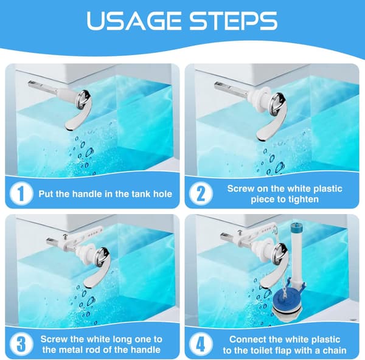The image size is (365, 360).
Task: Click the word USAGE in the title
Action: coord(134,21)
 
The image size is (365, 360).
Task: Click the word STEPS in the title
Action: coord(234,21)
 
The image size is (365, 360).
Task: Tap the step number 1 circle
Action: coord(21,193)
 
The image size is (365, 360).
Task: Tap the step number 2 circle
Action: coord(201,193)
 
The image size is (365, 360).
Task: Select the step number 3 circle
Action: coord(21,344)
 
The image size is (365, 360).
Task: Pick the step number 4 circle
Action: coord(201,344)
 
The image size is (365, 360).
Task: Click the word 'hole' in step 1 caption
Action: coord(162,194)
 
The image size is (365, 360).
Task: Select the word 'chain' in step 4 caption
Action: coord(335,350)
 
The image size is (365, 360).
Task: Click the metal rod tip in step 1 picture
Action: coord(31,84)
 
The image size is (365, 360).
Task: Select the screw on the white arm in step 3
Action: coord(65,237)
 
